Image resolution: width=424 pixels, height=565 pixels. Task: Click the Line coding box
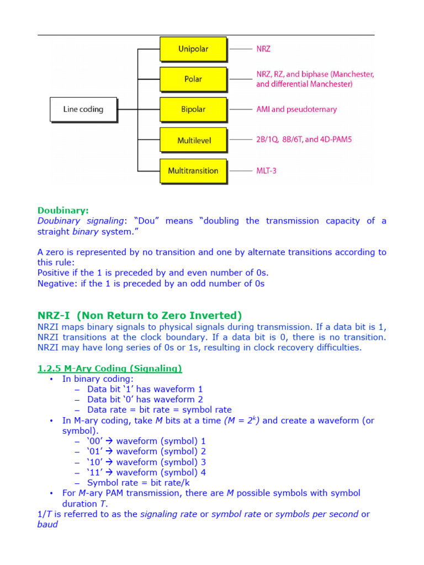83,109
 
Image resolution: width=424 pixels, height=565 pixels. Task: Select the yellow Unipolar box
193,49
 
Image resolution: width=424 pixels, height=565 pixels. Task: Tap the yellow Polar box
193,79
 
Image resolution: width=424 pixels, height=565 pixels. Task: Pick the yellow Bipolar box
193,109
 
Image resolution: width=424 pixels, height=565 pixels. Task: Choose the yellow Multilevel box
193,140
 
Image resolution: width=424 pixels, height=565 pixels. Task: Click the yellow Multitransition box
193,170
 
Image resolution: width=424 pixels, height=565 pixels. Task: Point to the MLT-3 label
266,170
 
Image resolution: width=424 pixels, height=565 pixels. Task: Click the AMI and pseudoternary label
296,109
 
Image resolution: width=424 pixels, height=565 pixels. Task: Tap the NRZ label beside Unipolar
263,49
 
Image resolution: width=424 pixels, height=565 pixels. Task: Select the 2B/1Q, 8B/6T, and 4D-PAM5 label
304,140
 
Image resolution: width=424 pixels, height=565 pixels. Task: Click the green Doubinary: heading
63,210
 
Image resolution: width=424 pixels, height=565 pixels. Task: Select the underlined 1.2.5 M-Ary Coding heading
109,368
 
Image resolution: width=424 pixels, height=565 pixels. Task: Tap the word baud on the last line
47,525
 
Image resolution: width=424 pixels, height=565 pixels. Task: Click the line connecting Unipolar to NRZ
240,49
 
